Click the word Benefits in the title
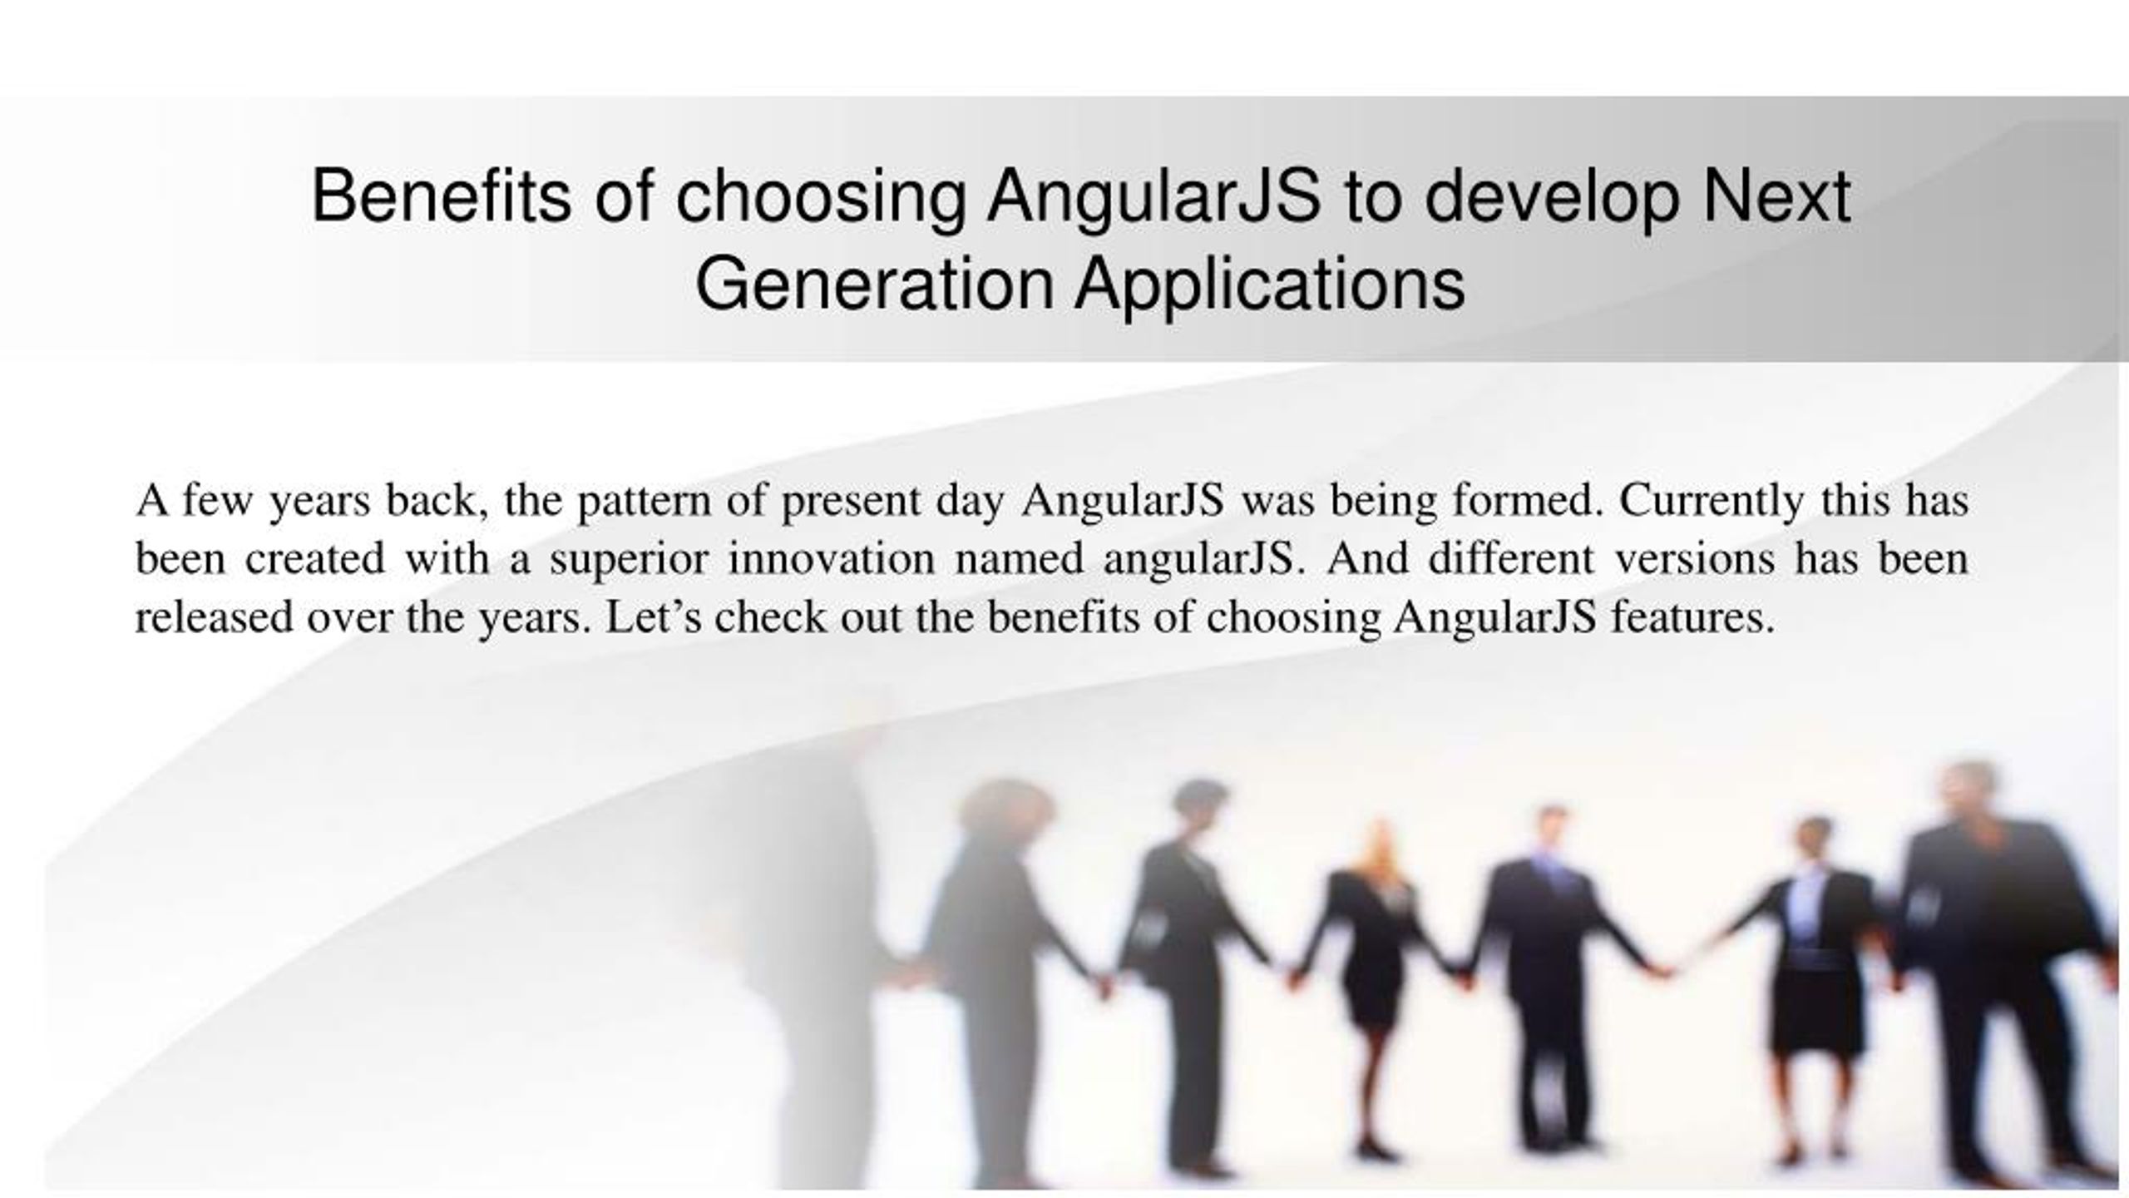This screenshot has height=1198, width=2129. click(x=442, y=197)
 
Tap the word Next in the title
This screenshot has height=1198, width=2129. click(x=1776, y=197)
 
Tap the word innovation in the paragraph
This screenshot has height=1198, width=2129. click(x=832, y=557)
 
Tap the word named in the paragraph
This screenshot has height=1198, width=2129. click(x=1020, y=558)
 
